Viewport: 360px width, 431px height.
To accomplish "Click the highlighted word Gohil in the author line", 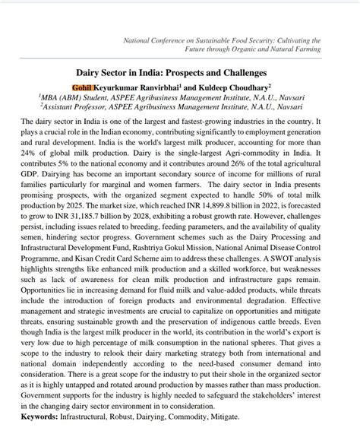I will click(102, 87).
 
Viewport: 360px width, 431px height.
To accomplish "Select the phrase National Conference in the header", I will click(157, 40).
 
